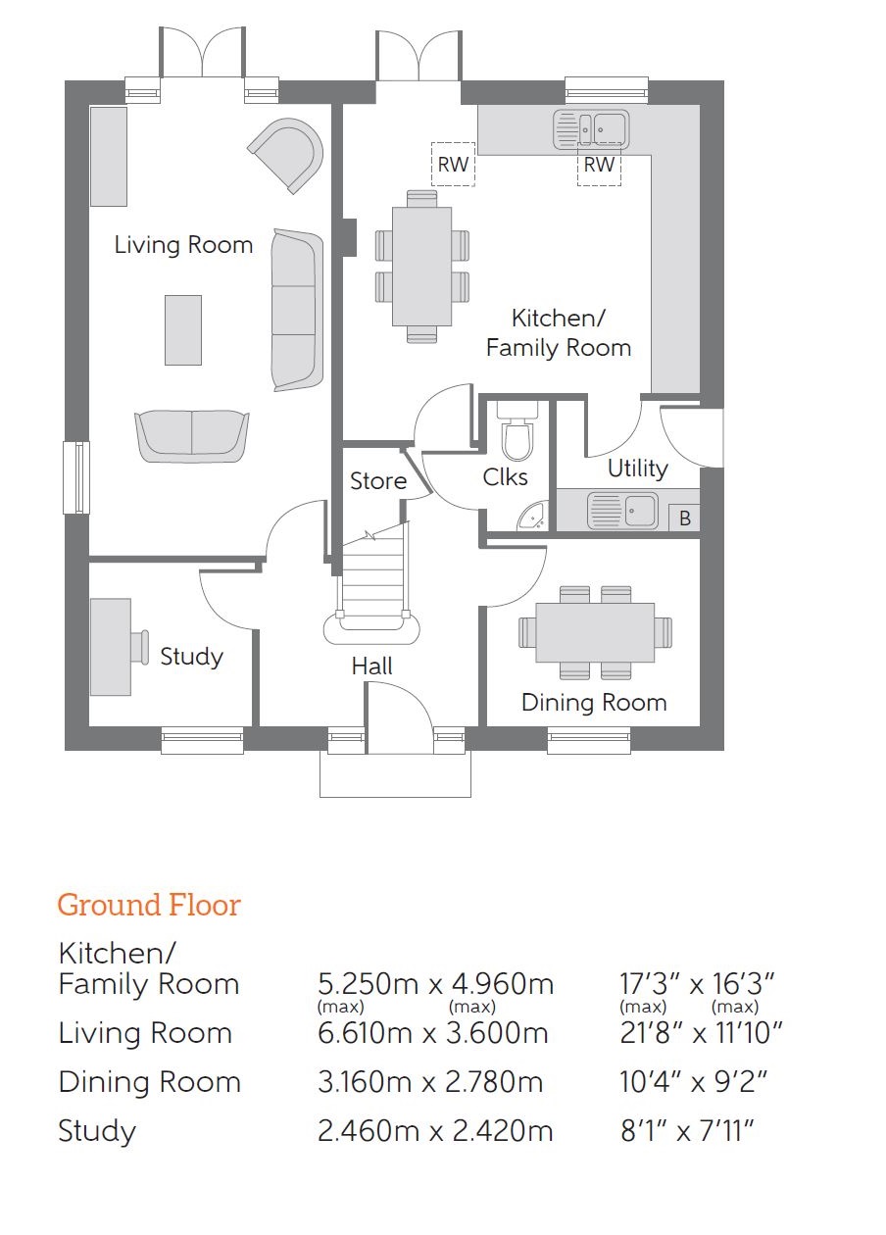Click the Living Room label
click(x=183, y=245)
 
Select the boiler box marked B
click(x=684, y=519)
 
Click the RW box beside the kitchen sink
click(x=599, y=165)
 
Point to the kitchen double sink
click(x=591, y=130)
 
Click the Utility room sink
click(x=622, y=511)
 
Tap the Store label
click(x=378, y=480)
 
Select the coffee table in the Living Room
click(x=183, y=330)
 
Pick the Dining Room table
click(x=595, y=632)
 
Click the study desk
click(x=111, y=647)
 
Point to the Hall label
click(x=372, y=667)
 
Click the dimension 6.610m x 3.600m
click(x=433, y=1033)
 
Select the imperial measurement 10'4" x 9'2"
click(x=694, y=1082)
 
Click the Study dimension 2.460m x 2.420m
click(x=435, y=1131)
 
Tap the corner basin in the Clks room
click(x=533, y=517)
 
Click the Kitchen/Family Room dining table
click(x=421, y=267)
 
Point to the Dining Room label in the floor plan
click(x=594, y=703)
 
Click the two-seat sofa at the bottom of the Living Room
click(x=192, y=436)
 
